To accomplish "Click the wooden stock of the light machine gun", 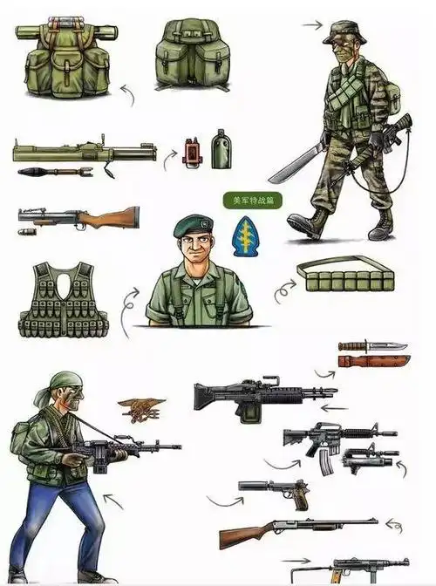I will pos(116,217).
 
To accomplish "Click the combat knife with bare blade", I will pos(373,346).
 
